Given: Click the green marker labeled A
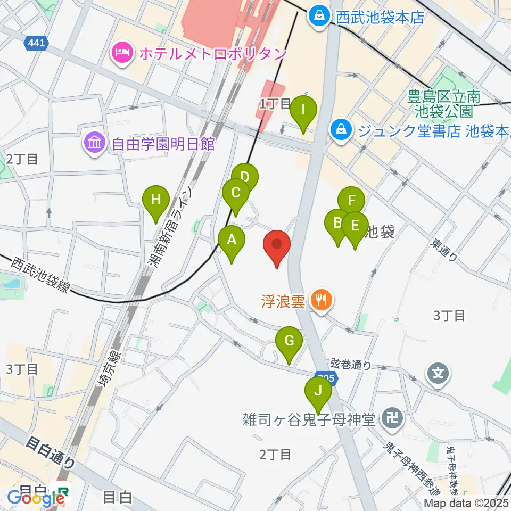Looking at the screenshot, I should click(x=232, y=240).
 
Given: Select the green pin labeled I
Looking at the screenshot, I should click(x=303, y=110).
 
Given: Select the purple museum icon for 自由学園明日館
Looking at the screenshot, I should click(x=95, y=143).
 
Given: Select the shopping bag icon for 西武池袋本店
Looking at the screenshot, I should click(x=319, y=17).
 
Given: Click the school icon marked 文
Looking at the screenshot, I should click(x=438, y=373).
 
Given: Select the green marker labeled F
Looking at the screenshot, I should click(x=351, y=201).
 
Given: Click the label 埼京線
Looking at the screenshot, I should click(x=109, y=373).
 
